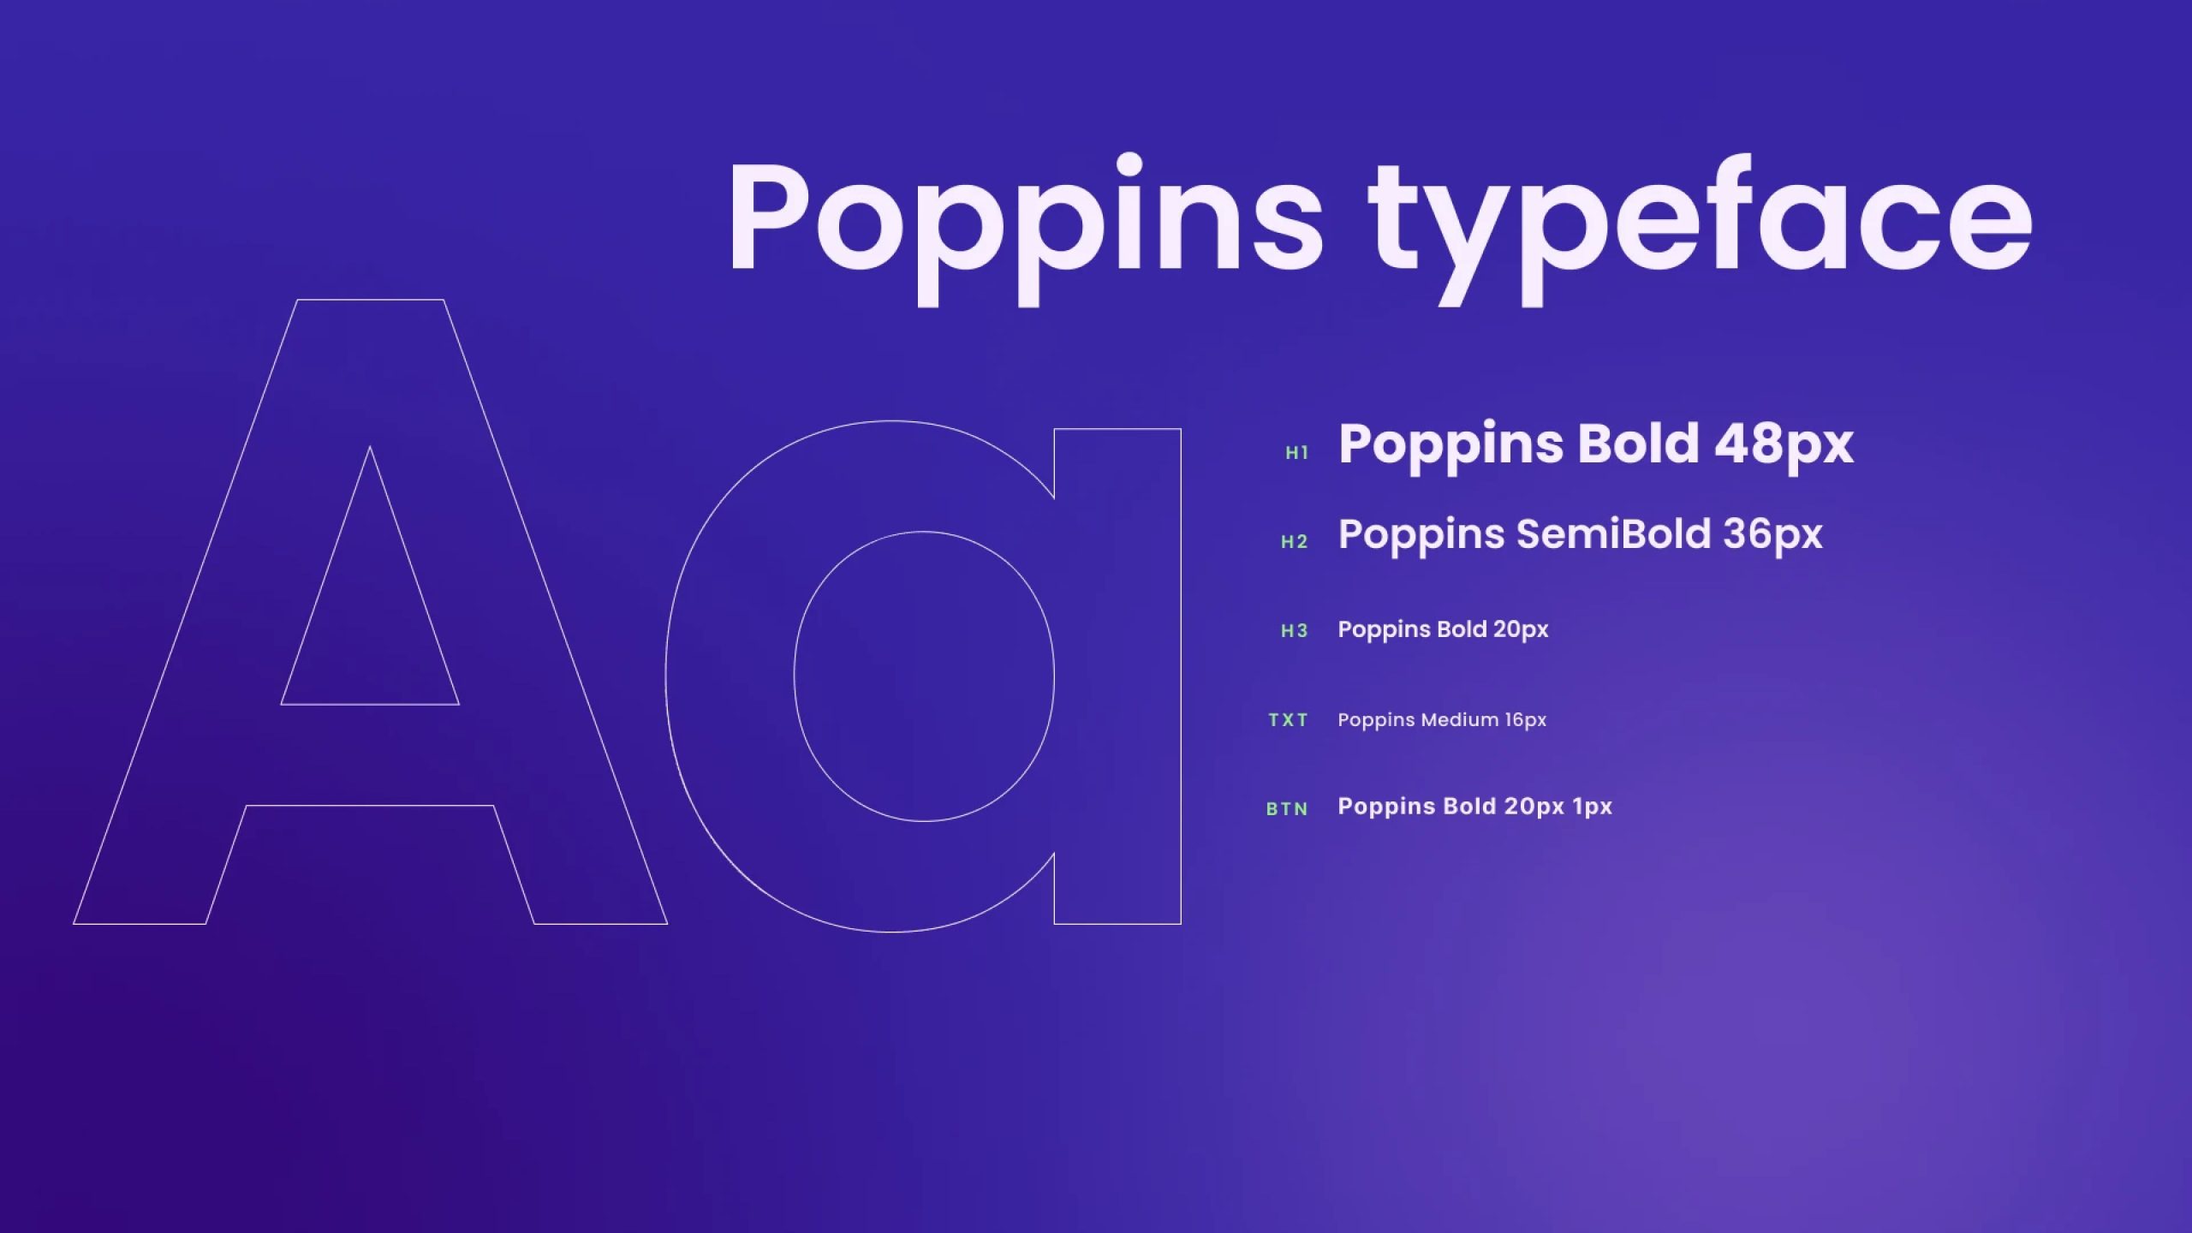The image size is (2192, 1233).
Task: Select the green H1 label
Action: pos(1297,453)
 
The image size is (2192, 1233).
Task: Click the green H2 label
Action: pos(1295,542)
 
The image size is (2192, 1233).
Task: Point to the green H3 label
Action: pos(1295,631)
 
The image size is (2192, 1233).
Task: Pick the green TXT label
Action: pos(1289,720)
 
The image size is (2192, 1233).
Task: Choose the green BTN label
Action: pos(1288,809)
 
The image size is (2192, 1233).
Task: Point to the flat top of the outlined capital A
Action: pos(370,300)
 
